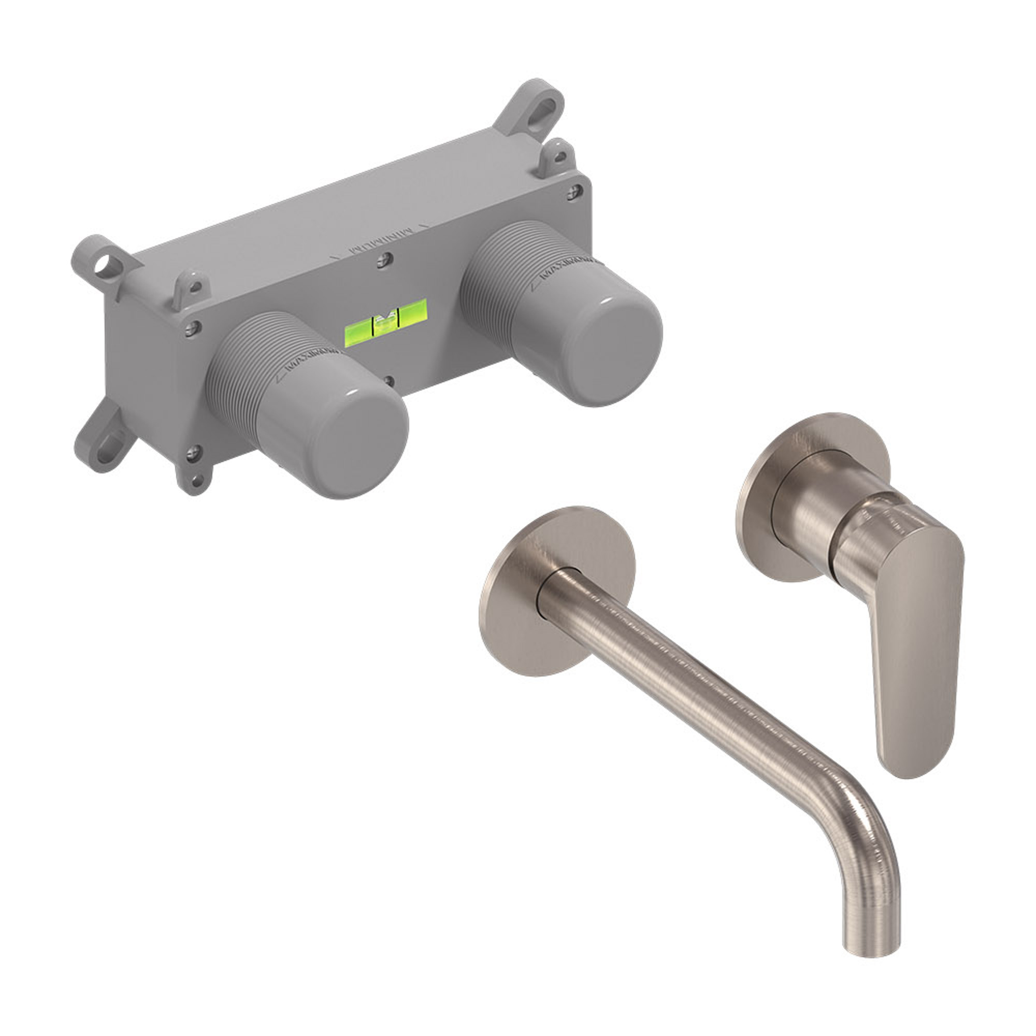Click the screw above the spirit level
coord(383,261)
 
